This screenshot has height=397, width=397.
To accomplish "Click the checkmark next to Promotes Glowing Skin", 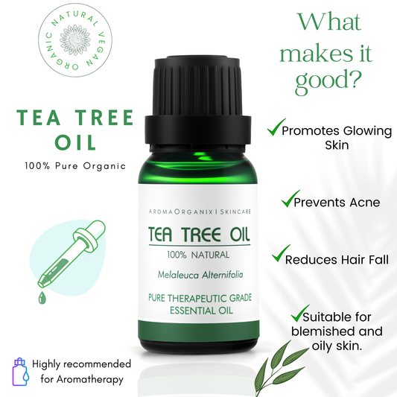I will pyautogui.click(x=274, y=130).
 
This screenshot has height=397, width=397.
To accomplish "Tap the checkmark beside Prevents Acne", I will pyautogui.click(x=288, y=200).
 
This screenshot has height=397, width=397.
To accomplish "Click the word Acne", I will pyautogui.click(x=361, y=202).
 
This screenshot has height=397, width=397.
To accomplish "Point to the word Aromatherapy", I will pyautogui.click(x=91, y=379).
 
